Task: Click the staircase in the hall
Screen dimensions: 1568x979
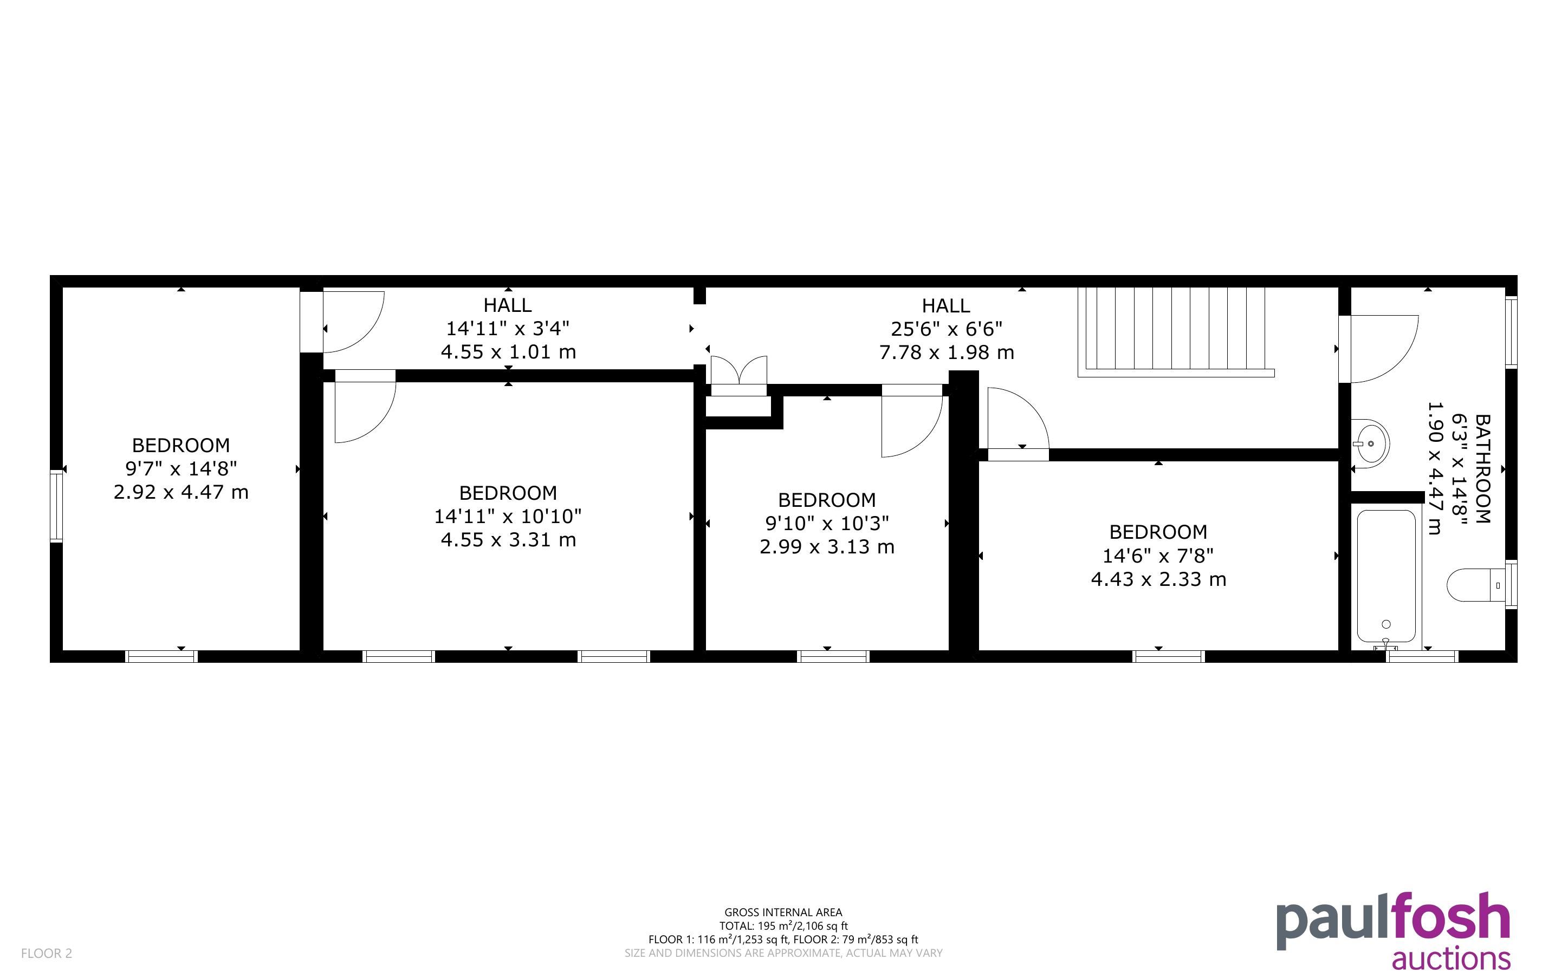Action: click(x=1176, y=331)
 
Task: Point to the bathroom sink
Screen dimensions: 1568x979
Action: click(x=1369, y=443)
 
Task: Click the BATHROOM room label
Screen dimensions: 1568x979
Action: click(x=1482, y=469)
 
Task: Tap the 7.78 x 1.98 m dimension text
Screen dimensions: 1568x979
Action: click(x=946, y=352)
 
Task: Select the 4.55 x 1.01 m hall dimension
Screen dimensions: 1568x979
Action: click(x=508, y=351)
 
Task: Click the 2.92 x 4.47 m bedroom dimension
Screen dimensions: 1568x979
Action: click(x=182, y=492)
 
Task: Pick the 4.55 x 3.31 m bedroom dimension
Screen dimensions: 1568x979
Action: click(x=508, y=539)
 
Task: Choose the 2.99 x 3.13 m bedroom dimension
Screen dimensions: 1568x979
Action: click(x=827, y=546)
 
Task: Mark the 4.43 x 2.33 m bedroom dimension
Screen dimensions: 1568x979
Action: click(x=1159, y=579)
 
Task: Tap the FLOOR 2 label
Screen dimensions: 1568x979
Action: click(x=47, y=953)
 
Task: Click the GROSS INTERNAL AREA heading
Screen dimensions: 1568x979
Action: click(x=783, y=912)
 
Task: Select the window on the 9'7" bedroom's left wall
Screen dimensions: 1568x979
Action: click(x=57, y=506)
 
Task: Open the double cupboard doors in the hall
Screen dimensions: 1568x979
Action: click(x=739, y=376)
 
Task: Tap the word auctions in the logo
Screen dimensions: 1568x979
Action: click(x=1451, y=958)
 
